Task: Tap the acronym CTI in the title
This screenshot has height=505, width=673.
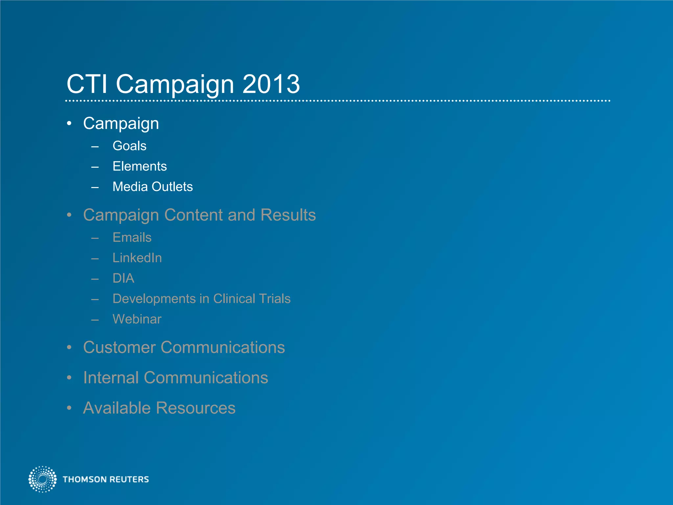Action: [x=87, y=84]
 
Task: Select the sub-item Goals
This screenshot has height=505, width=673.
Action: [x=129, y=146]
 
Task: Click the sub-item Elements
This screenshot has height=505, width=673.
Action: [x=140, y=166]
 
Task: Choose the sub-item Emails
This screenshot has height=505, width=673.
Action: [x=132, y=237]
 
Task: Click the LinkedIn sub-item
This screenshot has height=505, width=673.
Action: [x=137, y=258]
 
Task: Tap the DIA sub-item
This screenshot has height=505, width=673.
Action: [x=123, y=278]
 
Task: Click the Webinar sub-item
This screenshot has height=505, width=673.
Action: [x=137, y=319]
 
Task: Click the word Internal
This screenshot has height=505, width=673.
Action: [x=111, y=378]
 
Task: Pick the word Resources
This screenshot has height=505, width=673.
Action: [x=196, y=408]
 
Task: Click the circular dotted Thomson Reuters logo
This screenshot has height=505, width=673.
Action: [x=42, y=479]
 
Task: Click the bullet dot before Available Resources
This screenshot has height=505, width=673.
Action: [x=69, y=408]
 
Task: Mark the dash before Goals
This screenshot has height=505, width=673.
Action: [x=95, y=147]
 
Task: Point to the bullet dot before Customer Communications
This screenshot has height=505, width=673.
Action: [x=69, y=348]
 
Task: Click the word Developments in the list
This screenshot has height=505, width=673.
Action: [x=154, y=299]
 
